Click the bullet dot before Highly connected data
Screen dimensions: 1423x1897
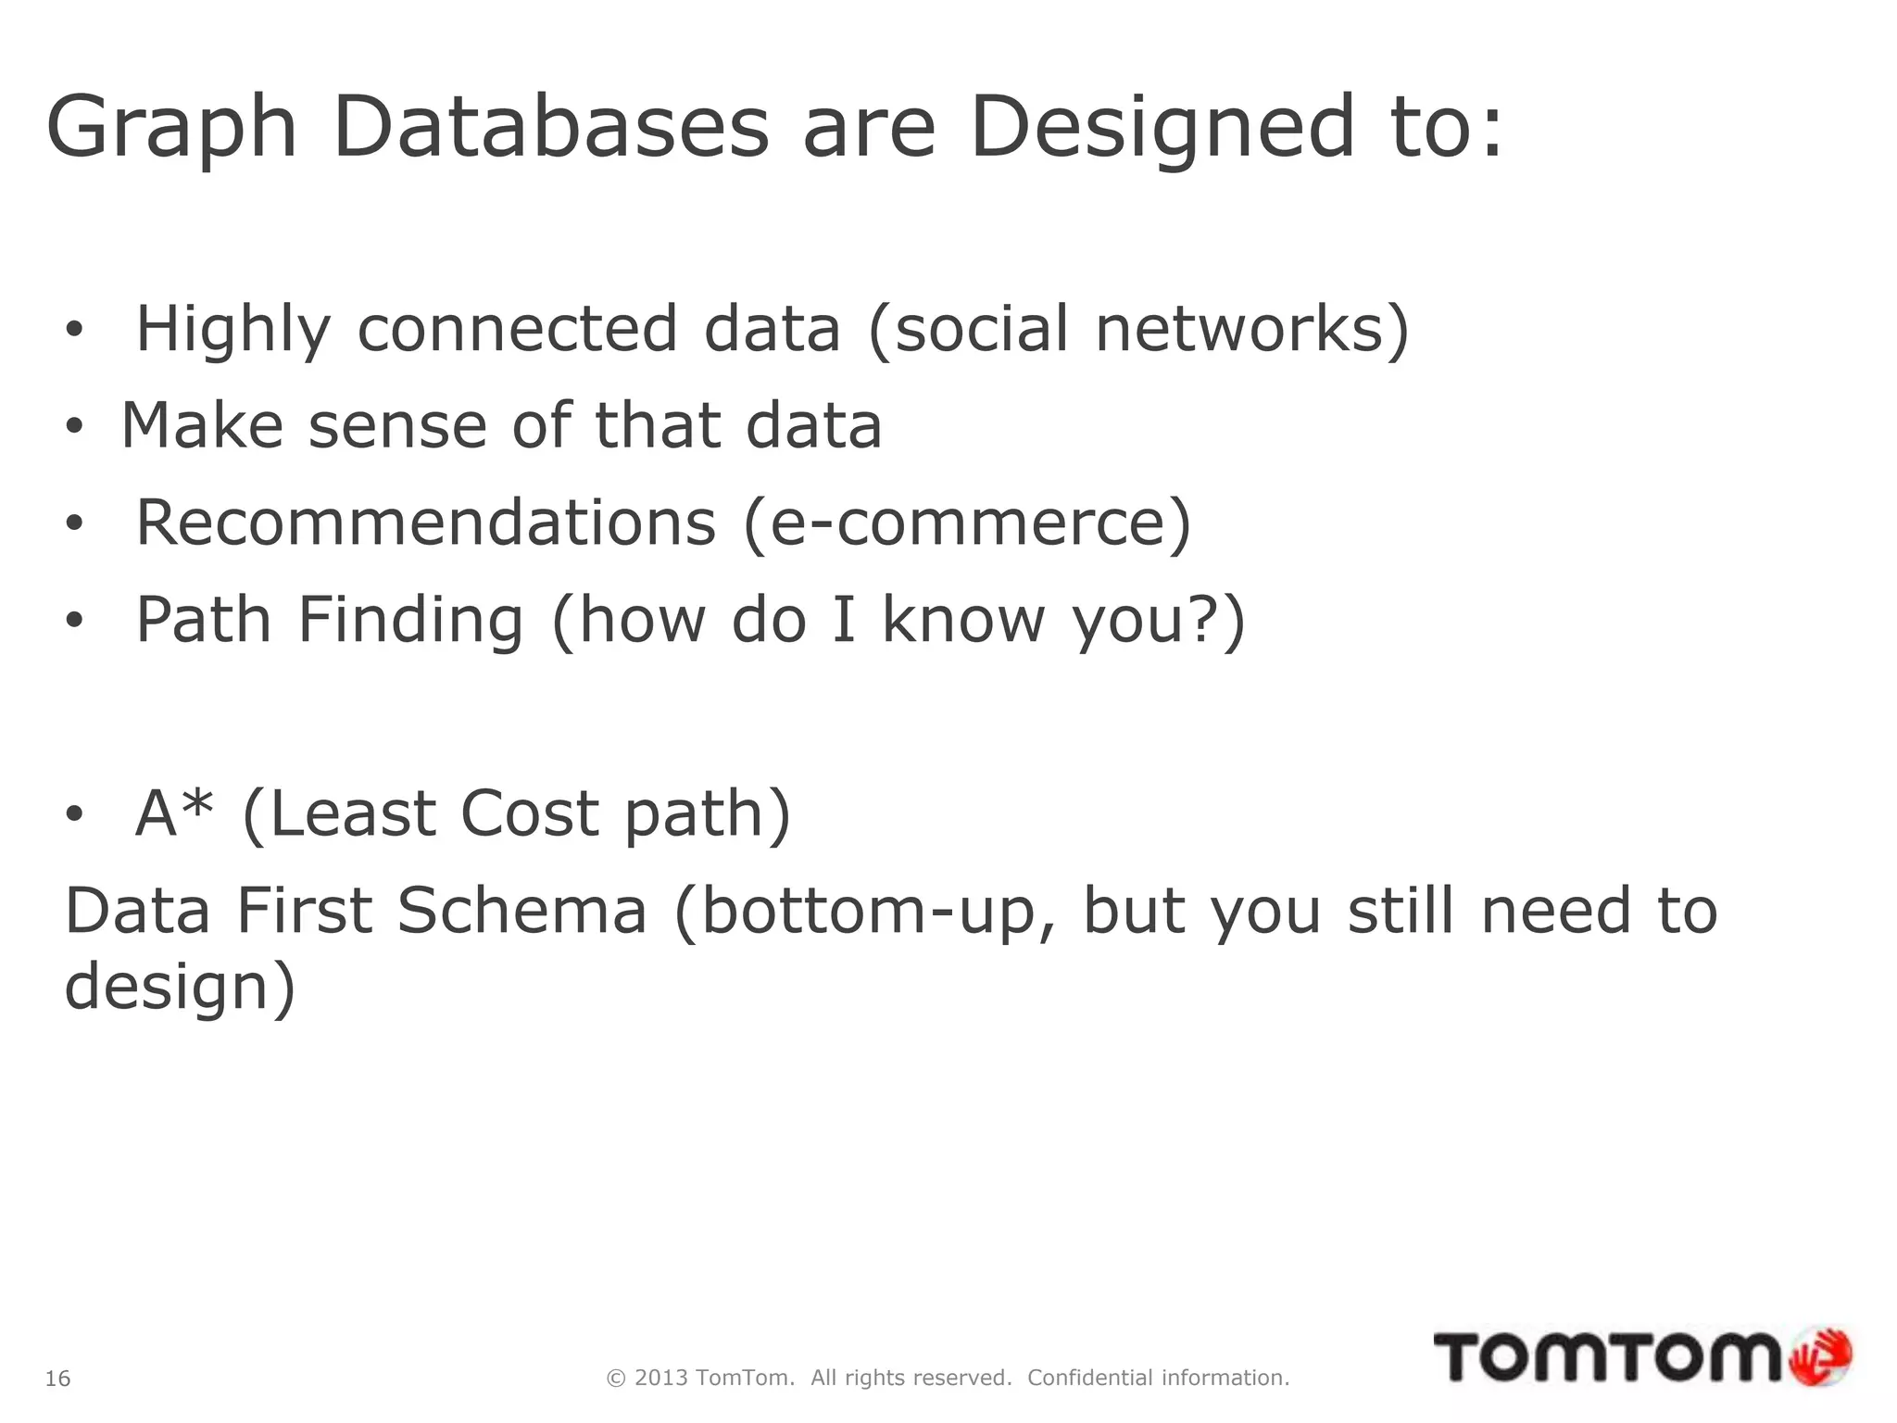click(x=74, y=330)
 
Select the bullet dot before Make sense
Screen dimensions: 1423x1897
click(x=74, y=427)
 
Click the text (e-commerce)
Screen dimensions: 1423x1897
click(x=967, y=523)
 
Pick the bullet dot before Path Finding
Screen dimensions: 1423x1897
click(x=74, y=622)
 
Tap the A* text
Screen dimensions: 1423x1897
click(x=174, y=812)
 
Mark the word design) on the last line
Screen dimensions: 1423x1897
click(x=180, y=986)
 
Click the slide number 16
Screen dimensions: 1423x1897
click(x=57, y=1379)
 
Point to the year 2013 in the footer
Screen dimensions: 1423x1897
click(x=661, y=1378)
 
